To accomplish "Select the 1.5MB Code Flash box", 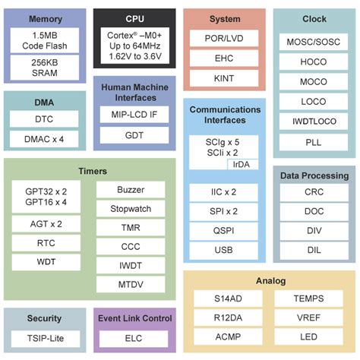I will click(x=45, y=40).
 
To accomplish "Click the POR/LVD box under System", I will click(x=224, y=38).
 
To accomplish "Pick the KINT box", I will click(x=224, y=78).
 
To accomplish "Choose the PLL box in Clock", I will click(x=314, y=141).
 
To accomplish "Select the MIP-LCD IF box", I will click(x=134, y=114).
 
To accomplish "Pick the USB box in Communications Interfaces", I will click(x=224, y=250).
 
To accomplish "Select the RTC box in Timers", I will click(x=45, y=243).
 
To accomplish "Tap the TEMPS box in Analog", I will click(x=308, y=298).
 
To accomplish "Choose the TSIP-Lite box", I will click(x=45, y=339).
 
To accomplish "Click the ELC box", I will click(x=134, y=339).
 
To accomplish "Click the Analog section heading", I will click(x=270, y=280).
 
